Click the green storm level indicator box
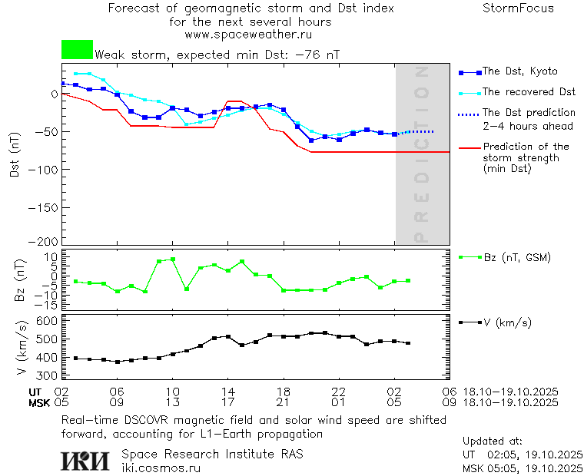77,50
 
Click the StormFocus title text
518,8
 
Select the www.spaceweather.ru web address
248,35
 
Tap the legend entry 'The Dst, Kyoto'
519,71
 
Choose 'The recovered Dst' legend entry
529,91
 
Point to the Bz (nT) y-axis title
21,280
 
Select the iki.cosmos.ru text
161,468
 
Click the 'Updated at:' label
493,441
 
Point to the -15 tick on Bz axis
47,305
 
